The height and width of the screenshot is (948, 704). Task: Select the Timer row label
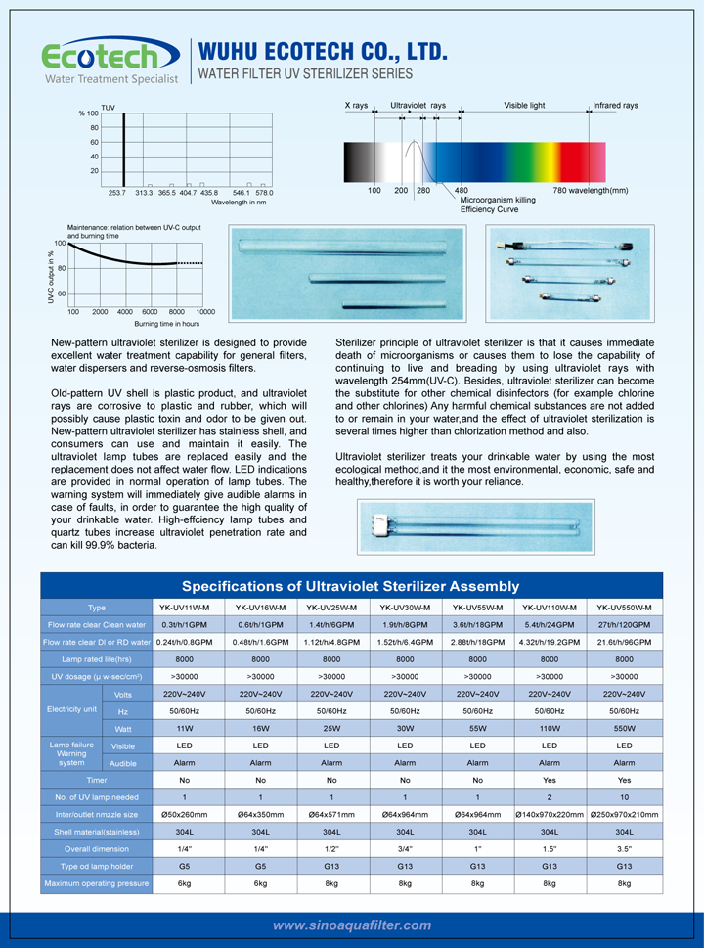97,780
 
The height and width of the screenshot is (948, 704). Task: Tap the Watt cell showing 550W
624,729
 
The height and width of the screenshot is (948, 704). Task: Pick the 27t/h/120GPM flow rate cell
624,624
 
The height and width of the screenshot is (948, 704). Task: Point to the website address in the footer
352,925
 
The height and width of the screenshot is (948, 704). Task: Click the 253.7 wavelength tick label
117,193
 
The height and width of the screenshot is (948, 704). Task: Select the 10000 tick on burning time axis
204,311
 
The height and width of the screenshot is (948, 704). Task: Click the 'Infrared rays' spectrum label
615,105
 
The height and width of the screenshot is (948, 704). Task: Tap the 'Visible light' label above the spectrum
524,105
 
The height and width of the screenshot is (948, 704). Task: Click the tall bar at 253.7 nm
124,148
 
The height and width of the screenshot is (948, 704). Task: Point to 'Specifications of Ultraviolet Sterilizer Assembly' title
351,586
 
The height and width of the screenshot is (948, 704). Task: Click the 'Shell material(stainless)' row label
97,832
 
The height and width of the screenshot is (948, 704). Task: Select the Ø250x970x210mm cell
624,814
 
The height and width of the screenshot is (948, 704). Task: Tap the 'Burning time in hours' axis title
166,323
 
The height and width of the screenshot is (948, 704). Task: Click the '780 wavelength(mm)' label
590,190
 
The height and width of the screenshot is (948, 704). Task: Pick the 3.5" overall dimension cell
624,848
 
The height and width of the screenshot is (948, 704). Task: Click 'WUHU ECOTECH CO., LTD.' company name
324,50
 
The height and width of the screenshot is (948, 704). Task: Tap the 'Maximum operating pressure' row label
97,883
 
